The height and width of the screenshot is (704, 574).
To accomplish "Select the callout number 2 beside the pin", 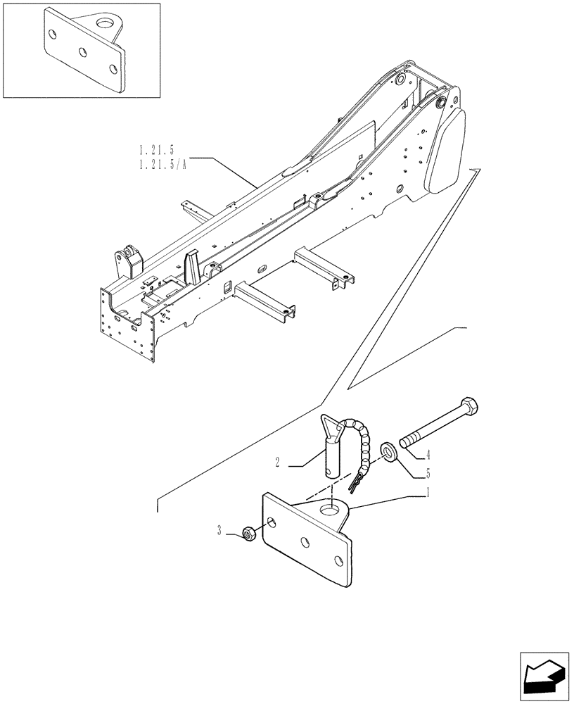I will pos(279,463).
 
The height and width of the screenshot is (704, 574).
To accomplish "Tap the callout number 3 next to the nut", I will pos(220,531).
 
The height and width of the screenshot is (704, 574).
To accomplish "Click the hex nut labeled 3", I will pos(248,534).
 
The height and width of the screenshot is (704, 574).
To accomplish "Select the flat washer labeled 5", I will pos(386,450).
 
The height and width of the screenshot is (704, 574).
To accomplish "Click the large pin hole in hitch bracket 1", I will pos(328,509).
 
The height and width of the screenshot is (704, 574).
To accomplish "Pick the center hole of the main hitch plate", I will pos(305,542).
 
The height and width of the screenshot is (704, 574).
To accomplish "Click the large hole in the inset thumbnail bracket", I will pos(106,26).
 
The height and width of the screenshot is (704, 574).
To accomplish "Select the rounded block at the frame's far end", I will pos(447,151).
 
